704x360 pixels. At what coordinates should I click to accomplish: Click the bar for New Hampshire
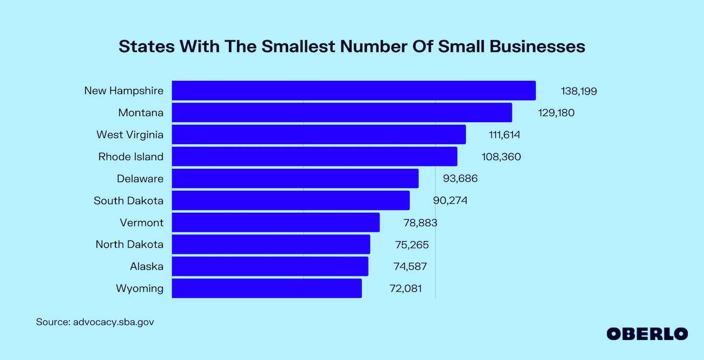(353, 90)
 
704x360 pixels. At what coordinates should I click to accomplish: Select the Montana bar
(342, 112)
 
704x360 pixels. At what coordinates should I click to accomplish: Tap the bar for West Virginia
(319, 135)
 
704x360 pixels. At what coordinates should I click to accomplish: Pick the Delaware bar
(295, 179)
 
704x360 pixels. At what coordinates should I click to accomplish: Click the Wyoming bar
(266, 288)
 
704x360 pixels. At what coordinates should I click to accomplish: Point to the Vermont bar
(276, 223)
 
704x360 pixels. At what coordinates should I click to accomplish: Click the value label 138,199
(579, 91)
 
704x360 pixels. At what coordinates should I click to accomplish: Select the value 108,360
(501, 157)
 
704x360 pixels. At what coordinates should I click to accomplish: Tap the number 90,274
(450, 201)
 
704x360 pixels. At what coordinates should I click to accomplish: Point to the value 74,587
(410, 267)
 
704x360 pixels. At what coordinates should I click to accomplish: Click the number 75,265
(412, 245)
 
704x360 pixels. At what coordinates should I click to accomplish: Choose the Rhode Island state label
(131, 157)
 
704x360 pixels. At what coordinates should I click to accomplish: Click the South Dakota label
(129, 201)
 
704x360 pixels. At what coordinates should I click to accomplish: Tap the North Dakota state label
(130, 245)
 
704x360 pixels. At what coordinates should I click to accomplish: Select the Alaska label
(147, 267)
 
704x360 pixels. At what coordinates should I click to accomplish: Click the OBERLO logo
(647, 334)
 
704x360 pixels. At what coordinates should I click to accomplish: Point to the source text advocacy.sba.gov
(113, 322)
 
